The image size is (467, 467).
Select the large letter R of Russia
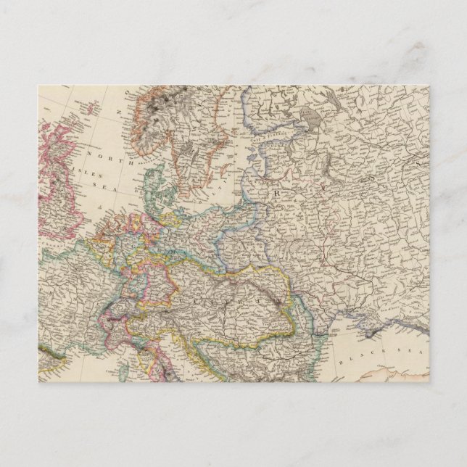click(x=276, y=196)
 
